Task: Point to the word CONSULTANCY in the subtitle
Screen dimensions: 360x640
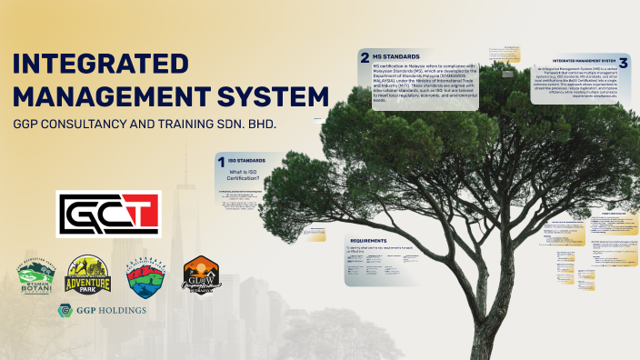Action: [x=99, y=121]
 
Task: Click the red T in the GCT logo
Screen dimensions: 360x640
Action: [x=141, y=215]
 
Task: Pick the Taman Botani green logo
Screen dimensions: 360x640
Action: [x=34, y=275]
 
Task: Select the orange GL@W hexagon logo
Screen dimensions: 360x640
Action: [x=201, y=275]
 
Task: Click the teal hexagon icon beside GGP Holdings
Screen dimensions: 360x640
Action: [x=65, y=310]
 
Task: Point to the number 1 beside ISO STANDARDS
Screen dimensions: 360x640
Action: [x=220, y=163]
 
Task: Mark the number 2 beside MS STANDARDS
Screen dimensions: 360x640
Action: [x=364, y=56]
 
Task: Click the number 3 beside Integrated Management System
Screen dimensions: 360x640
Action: [x=624, y=63]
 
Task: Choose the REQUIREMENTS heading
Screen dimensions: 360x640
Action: [x=367, y=242]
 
